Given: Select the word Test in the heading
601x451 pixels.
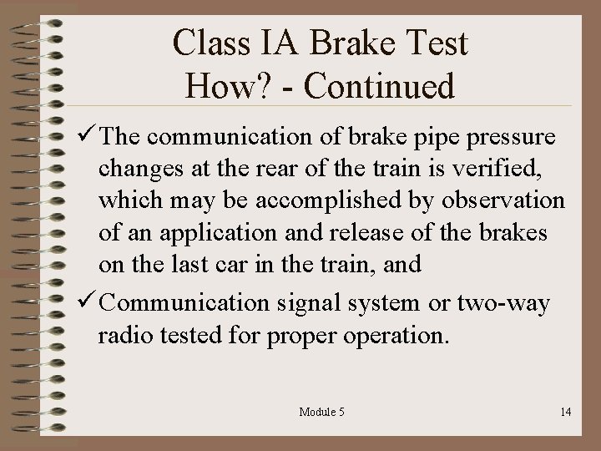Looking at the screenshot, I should [x=438, y=43].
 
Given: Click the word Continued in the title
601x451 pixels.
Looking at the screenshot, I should [x=379, y=86].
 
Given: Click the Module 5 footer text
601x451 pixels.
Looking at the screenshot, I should [x=321, y=412].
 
